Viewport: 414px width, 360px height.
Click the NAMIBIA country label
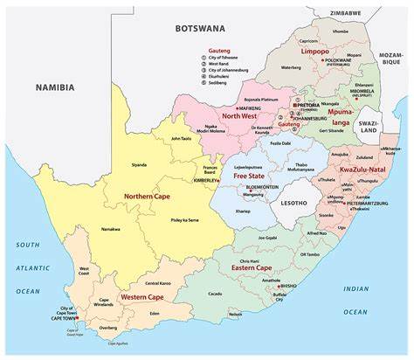coord(54,87)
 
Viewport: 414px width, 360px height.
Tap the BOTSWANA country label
coord(200,28)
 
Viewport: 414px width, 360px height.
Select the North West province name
coord(239,116)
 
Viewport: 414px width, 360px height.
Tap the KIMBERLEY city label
coord(208,180)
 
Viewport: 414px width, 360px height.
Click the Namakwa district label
coord(111,228)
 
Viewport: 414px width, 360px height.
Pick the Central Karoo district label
coord(158,283)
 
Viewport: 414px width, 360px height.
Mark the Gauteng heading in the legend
coord(218,52)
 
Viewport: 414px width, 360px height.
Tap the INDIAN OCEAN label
coord(355,300)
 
